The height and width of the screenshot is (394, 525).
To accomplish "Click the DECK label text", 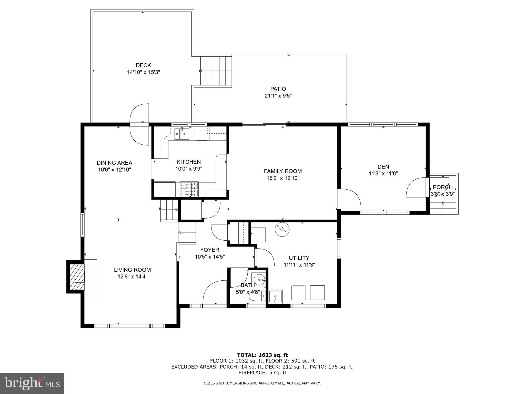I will pyautogui.click(x=143, y=65).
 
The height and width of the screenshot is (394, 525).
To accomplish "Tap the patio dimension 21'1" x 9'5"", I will pyautogui.click(x=278, y=96).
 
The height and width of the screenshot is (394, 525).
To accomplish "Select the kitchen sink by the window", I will pyautogui.click(x=181, y=134).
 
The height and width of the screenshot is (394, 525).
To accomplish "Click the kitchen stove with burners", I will pyautogui.click(x=189, y=189).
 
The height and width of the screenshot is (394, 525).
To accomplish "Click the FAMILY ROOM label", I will pyautogui.click(x=283, y=171).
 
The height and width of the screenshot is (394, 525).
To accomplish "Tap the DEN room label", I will pyautogui.click(x=383, y=166).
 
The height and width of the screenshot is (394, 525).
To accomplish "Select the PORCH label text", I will pyautogui.click(x=442, y=187).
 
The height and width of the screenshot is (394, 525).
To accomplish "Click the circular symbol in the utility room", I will pyautogui.click(x=282, y=230).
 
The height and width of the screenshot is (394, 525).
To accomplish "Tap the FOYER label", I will pyautogui.click(x=210, y=250).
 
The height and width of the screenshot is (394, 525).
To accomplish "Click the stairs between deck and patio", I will pyautogui.click(x=216, y=71).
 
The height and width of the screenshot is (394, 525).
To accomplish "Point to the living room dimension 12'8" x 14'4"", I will pyautogui.click(x=132, y=277).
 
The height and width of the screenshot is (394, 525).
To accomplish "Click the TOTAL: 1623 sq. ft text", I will pyautogui.click(x=262, y=355).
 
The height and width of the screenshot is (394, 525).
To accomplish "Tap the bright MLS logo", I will pyautogui.click(x=32, y=383).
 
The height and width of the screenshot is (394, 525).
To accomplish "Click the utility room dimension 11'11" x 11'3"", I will pyautogui.click(x=299, y=265).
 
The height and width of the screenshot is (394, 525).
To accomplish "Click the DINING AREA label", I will pyautogui.click(x=114, y=163).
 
